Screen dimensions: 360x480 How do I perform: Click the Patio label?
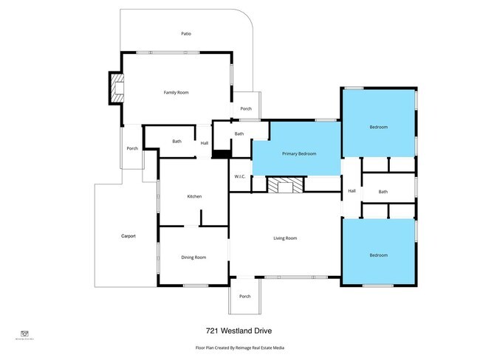click(187, 34)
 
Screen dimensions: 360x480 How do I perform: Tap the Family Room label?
click(176, 92)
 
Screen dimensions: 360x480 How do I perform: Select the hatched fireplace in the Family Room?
click(117, 89)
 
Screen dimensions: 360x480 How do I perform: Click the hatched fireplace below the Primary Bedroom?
click(284, 185)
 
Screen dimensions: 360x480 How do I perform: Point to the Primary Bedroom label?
click(299, 153)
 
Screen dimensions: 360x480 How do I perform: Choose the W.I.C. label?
click(240, 176)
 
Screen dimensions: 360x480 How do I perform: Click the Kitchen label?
click(194, 196)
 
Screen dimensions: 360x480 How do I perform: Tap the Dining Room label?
click(193, 257)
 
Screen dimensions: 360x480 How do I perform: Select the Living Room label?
click(285, 238)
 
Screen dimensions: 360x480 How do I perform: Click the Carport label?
click(128, 236)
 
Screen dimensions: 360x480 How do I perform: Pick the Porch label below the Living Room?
click(244, 296)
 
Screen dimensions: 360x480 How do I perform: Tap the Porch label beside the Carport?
click(132, 148)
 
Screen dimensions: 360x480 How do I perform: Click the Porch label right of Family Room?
click(246, 108)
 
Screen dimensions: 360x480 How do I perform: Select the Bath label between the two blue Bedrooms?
click(383, 192)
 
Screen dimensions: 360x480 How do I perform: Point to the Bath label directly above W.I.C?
click(239, 134)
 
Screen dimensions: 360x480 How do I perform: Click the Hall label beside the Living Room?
click(352, 191)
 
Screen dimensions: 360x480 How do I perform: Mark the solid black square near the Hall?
click(221, 153)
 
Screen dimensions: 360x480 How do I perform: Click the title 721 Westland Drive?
click(240, 331)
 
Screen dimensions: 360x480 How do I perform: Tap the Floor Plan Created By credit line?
click(240, 347)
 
